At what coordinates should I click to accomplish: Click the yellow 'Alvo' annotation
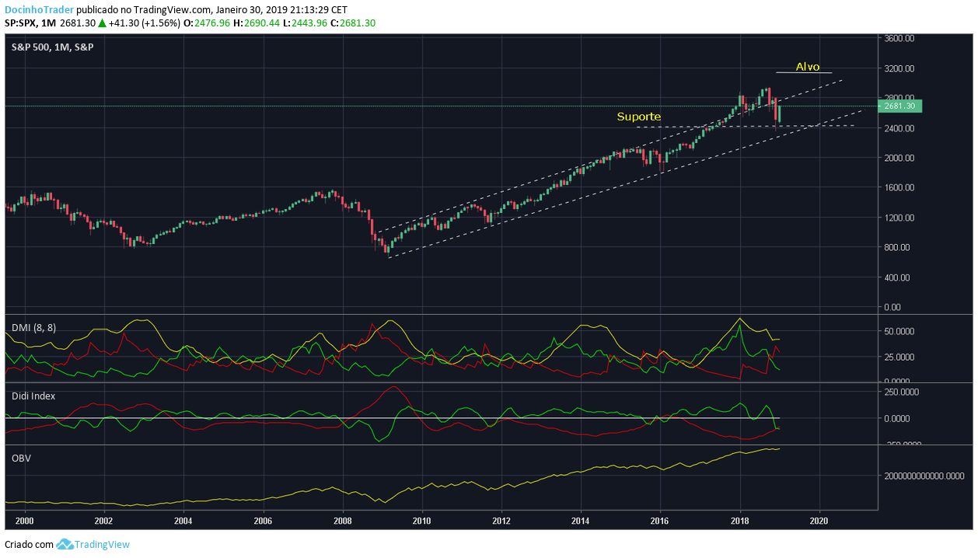tap(808, 67)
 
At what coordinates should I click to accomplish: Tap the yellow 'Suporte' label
tap(638, 117)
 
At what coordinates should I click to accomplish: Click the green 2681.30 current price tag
tap(899, 106)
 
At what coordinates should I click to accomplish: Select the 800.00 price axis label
tap(898, 247)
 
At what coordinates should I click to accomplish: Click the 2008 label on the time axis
tap(342, 521)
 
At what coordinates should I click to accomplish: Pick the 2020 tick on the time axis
tap(819, 521)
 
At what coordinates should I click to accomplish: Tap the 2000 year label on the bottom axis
tap(24, 521)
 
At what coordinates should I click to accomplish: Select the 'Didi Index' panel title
tap(33, 396)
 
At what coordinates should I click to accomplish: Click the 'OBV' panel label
tap(21, 458)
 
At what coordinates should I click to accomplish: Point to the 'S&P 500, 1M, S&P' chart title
tap(52, 47)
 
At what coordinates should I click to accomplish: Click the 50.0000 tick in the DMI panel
tap(900, 330)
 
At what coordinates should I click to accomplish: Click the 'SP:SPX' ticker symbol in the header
tap(21, 23)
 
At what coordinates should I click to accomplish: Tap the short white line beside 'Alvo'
tap(804, 73)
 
